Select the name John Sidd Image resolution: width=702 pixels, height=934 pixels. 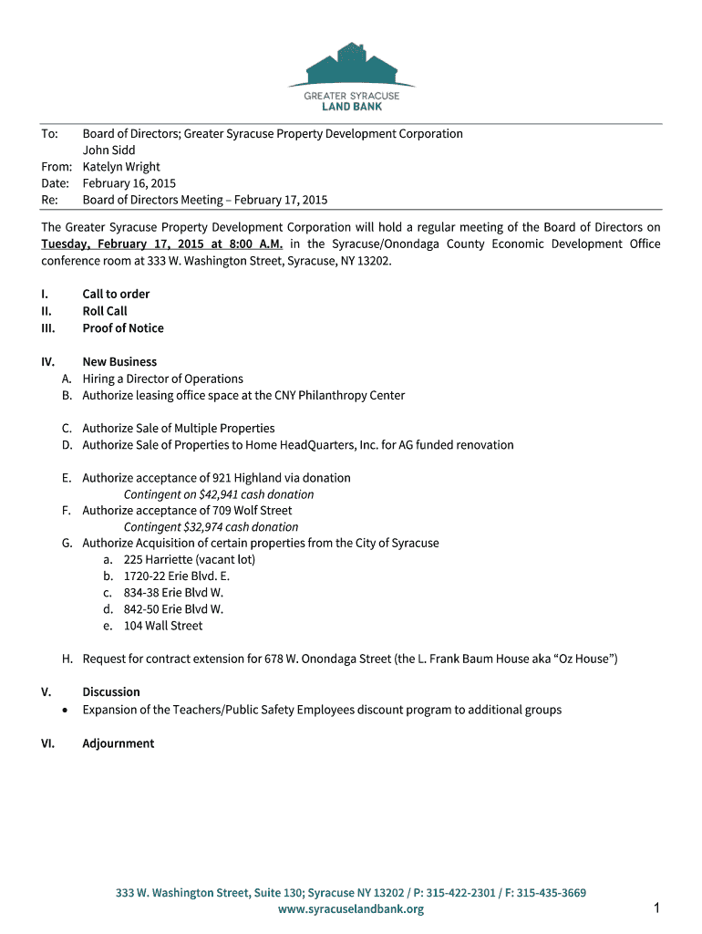pyautogui.click(x=109, y=150)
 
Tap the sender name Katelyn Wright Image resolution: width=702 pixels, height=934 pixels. pyautogui.click(x=121, y=167)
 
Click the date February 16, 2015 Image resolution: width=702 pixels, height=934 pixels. pyautogui.click(x=129, y=183)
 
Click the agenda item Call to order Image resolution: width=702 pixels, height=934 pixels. pyautogui.click(x=116, y=295)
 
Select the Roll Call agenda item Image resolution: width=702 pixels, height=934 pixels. pyautogui.click(x=105, y=311)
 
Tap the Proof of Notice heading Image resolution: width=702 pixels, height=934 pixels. pyautogui.click(x=123, y=328)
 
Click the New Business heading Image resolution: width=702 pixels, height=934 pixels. pyautogui.click(x=119, y=362)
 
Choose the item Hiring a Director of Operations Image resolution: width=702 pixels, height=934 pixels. pyautogui.click(x=162, y=379)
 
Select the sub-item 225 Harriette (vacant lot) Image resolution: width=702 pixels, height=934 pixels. pyautogui.click(x=190, y=560)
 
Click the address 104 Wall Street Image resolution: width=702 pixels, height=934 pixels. pyautogui.click(x=163, y=626)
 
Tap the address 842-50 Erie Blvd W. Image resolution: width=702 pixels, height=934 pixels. pyautogui.click(x=173, y=609)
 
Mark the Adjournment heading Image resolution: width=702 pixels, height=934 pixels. pyautogui.click(x=119, y=743)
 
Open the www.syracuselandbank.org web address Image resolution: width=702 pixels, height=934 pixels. pyautogui.click(x=351, y=909)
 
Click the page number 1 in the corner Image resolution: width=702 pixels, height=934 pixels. pyautogui.click(x=656, y=908)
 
